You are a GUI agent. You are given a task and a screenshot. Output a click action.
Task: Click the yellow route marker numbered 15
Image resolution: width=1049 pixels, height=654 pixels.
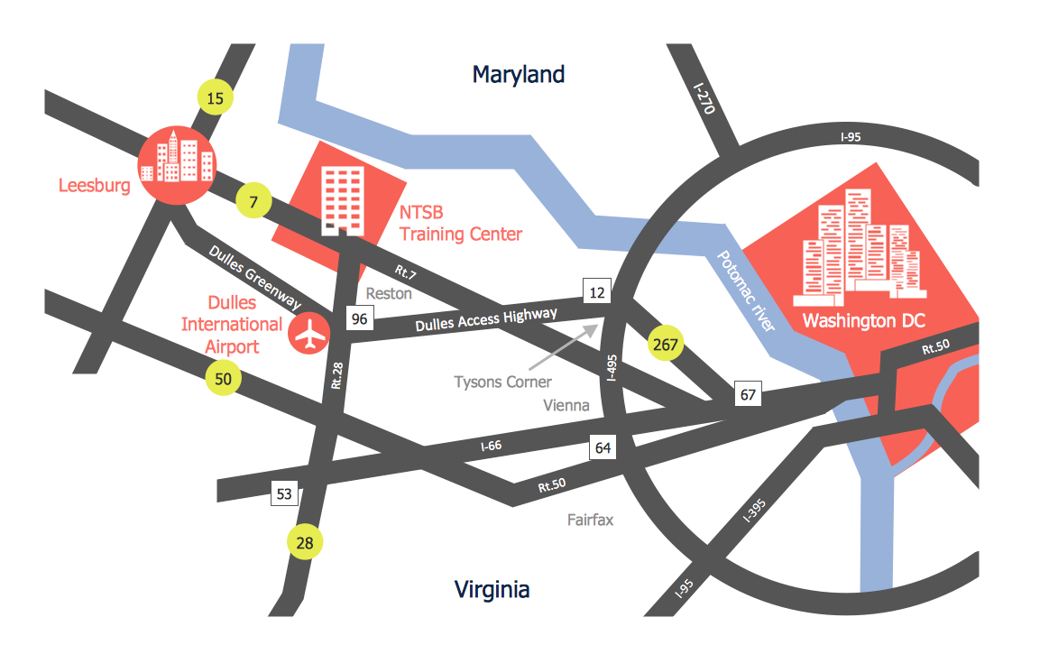[x=214, y=97]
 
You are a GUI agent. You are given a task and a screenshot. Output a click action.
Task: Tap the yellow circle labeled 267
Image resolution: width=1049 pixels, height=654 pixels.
[x=667, y=344]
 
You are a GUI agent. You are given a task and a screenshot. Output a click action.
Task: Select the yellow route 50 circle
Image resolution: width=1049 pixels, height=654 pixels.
[x=224, y=378]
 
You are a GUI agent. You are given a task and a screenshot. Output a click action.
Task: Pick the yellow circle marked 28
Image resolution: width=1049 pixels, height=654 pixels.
[x=305, y=542]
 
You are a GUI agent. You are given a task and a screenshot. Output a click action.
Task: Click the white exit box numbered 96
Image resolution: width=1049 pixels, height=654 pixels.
[x=360, y=318]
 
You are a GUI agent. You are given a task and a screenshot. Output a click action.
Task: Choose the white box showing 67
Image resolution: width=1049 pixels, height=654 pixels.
[x=748, y=394]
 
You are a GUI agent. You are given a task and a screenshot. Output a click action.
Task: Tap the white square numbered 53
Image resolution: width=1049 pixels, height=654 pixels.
[x=284, y=493]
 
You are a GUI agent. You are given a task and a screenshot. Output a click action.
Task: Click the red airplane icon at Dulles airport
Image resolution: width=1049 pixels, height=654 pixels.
[x=308, y=334]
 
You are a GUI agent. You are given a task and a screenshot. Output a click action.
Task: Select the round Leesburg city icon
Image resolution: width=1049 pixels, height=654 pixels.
[x=176, y=166]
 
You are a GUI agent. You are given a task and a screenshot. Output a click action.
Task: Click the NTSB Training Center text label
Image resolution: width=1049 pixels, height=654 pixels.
[x=461, y=224]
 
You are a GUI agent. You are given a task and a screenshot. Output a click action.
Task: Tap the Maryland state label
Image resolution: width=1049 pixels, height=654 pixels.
[x=519, y=74]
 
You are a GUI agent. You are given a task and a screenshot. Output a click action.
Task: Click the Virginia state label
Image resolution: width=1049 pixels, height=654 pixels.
[x=492, y=590]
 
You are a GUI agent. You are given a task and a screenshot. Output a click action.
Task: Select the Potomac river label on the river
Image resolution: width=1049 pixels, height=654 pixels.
[x=745, y=291]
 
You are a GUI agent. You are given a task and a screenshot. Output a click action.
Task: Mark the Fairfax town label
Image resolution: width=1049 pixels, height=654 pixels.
[x=590, y=520]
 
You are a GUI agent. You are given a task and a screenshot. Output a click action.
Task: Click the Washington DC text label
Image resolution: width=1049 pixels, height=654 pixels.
[x=864, y=320]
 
